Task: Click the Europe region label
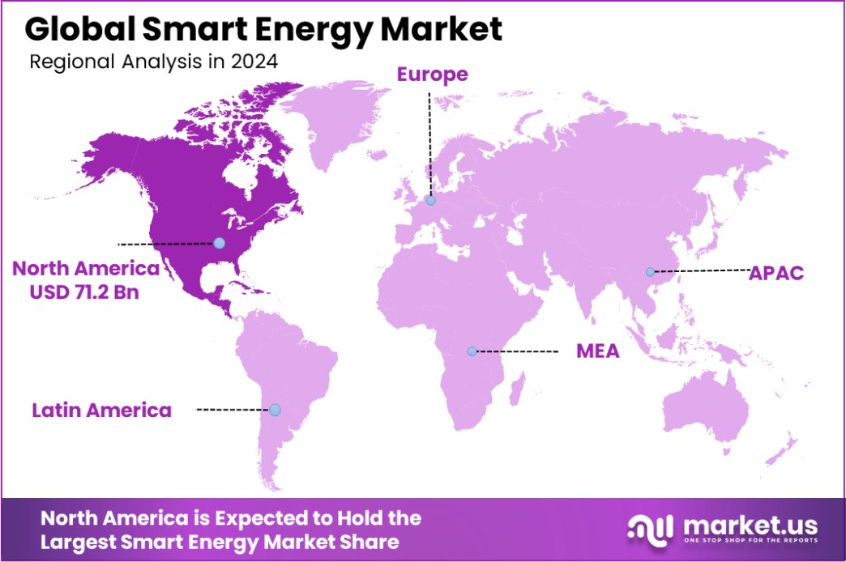tap(432, 75)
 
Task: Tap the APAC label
tap(775, 272)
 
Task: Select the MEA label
tap(597, 351)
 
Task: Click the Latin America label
tap(101, 411)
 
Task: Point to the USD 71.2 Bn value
tap(83, 292)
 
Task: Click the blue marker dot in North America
tap(219, 243)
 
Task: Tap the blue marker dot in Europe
tap(430, 201)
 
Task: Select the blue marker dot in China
tap(649, 272)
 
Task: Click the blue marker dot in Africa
tap(472, 351)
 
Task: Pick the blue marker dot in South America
tap(275, 411)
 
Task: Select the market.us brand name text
tap(750, 523)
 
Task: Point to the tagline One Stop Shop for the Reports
tap(750, 541)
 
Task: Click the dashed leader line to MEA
tap(519, 351)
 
